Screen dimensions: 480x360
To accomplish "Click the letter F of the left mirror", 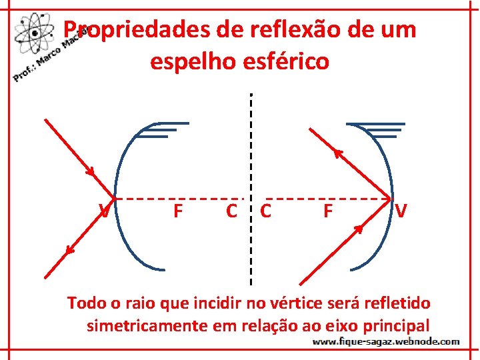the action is [x=177, y=212].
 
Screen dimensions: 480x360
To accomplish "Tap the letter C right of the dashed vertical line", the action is [x=265, y=212].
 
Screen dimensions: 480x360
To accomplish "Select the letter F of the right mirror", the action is [x=327, y=212].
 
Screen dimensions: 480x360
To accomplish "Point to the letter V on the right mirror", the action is [x=401, y=212].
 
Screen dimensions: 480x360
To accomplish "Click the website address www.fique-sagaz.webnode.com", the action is [x=386, y=341].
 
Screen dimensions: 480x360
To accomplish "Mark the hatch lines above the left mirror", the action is [x=163, y=129].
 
